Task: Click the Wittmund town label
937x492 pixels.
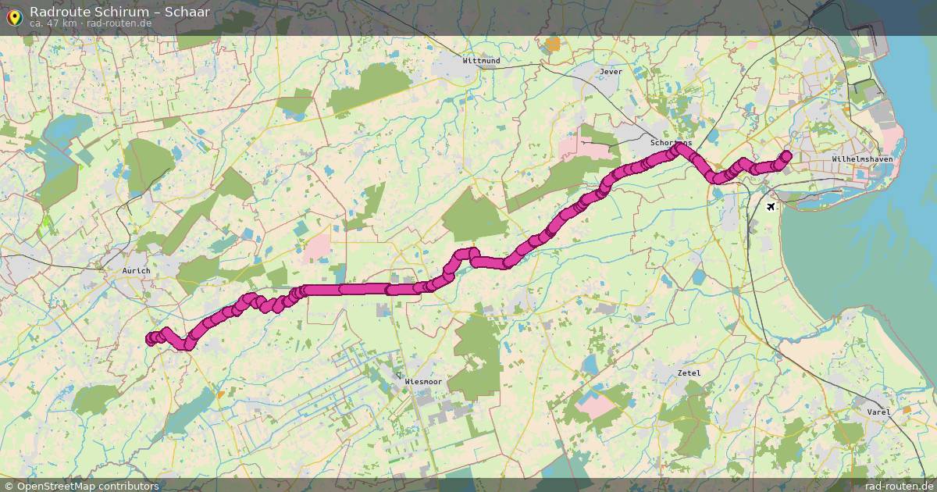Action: pyautogui.click(x=481, y=60)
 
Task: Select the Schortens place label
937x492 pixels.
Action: pyautogui.click(x=672, y=144)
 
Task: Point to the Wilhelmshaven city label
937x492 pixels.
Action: pyautogui.click(x=862, y=159)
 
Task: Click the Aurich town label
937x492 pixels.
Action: pyautogui.click(x=136, y=270)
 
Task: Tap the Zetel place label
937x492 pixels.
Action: pyautogui.click(x=689, y=373)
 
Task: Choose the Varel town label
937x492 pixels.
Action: pyautogui.click(x=878, y=412)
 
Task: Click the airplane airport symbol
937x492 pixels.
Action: pyautogui.click(x=771, y=207)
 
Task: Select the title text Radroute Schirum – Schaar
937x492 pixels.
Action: pyautogui.click(x=119, y=11)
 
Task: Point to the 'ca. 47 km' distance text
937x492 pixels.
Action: pyautogui.click(x=53, y=23)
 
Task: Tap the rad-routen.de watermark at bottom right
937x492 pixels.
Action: pyautogui.click(x=899, y=486)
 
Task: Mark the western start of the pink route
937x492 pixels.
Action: pyautogui.click(x=151, y=338)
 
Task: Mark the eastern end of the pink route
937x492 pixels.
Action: pyautogui.click(x=786, y=155)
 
